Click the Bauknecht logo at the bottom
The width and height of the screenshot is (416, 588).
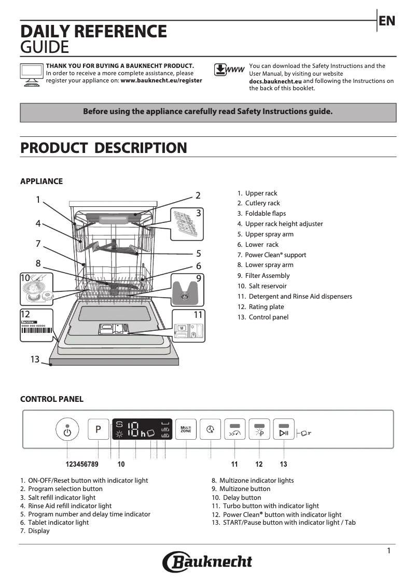coord(207,562)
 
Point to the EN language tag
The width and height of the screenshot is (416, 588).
coord(387,21)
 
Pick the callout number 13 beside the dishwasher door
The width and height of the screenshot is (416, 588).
coord(35,359)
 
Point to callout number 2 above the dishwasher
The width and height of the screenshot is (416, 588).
coord(198,195)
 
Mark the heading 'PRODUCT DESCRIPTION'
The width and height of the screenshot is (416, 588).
coord(103,148)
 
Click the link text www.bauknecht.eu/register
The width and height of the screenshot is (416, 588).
coord(161,81)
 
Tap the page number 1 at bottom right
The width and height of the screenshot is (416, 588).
coord(389,551)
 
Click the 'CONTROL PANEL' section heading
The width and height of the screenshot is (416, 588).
coord(51,399)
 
